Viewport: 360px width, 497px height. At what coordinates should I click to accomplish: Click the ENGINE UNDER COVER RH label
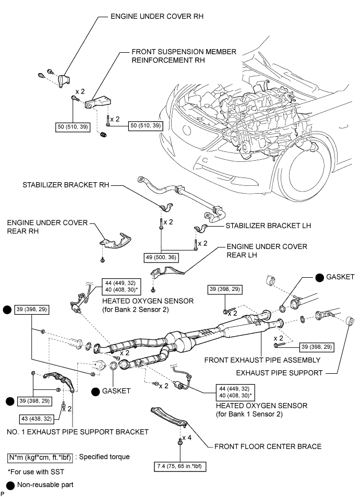point(157,17)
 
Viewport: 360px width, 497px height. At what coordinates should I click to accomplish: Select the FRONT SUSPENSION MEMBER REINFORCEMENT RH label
point(177,56)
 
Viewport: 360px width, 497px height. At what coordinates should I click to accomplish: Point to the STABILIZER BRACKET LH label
point(268,227)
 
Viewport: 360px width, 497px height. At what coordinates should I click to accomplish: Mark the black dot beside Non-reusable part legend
point(10,485)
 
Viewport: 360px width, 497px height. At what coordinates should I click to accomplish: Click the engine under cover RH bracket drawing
point(64,81)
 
